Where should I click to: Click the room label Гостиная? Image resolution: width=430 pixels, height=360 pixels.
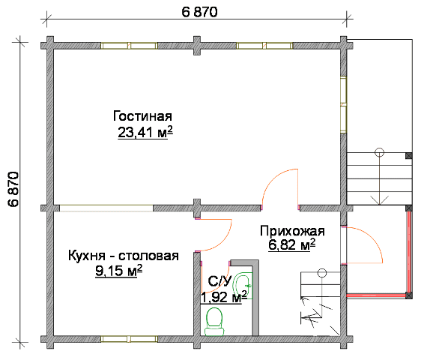click(142, 116)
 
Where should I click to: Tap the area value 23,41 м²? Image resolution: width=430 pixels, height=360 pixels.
click(145, 133)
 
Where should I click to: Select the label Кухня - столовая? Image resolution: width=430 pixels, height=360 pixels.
click(124, 256)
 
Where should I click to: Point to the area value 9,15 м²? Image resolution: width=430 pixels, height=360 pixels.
click(119, 271)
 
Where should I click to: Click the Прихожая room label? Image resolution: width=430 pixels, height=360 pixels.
click(292, 231)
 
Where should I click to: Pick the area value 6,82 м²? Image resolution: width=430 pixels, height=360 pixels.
click(291, 245)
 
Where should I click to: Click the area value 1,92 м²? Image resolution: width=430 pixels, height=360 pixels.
click(224, 297)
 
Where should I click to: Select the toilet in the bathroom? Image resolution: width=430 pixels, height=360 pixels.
click(214, 322)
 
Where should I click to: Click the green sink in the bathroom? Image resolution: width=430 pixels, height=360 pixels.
click(242, 286)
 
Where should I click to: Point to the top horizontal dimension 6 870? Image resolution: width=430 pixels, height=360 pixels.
click(199, 12)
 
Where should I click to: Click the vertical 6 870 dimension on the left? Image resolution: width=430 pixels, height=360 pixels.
click(13, 189)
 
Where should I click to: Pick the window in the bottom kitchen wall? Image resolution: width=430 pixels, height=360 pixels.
click(129, 339)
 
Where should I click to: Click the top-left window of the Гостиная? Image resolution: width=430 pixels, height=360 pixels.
click(129, 46)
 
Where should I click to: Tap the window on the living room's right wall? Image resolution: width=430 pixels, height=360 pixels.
click(343, 104)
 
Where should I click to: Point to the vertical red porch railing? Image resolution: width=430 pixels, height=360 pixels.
click(409, 252)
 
